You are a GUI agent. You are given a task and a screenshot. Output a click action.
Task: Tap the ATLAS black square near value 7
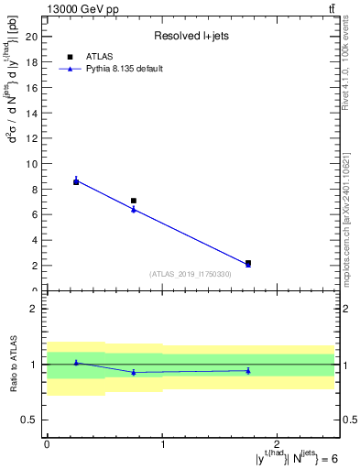click(134, 201)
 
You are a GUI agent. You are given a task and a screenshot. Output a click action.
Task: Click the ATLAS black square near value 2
click(248, 263)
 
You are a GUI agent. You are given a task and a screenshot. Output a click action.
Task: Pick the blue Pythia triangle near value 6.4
click(134, 210)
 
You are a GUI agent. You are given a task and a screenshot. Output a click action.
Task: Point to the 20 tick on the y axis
click(37, 37)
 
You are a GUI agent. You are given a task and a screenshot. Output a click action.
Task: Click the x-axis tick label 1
click(162, 443)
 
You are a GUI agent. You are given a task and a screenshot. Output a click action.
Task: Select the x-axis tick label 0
click(47, 443)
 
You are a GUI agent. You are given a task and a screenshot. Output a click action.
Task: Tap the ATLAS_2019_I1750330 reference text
click(191, 274)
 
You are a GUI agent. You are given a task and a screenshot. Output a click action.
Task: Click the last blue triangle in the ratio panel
click(248, 371)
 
